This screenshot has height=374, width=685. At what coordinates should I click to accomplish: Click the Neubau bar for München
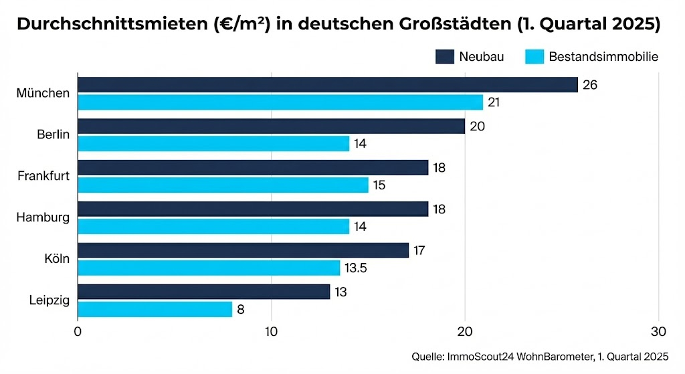pos(328,84)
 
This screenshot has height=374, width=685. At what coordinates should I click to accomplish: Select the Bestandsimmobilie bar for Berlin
pos(213,143)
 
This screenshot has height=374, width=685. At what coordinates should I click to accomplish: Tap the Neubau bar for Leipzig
pos(204,292)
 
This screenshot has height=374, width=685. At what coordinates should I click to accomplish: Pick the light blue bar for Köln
pos(209,268)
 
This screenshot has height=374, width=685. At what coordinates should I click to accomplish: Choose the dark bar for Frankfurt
pos(253,167)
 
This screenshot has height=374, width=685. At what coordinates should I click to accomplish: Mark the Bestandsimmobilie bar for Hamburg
pos(213,226)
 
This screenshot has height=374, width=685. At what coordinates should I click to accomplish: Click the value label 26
pos(589,85)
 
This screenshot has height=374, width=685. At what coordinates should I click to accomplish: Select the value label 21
pos(494,102)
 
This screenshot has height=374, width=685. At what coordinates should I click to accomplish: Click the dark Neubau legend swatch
pos(445,56)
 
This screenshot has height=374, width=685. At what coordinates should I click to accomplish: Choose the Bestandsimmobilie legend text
pos(603,56)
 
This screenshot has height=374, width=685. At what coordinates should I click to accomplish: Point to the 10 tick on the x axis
pos(271,331)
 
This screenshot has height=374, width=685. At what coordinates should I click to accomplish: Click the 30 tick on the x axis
pos(658,331)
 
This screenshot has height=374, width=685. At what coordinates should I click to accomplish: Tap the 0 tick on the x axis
pos(78,331)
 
